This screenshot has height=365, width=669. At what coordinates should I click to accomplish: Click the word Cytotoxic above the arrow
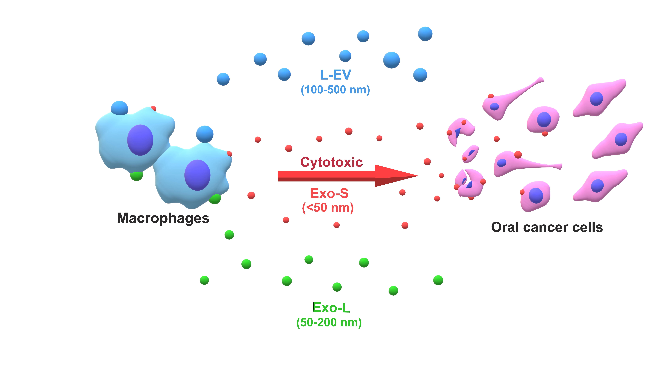tap(331, 162)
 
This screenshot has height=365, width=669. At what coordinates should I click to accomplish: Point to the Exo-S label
tap(329, 193)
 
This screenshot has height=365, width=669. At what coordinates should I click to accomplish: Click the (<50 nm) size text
tap(328, 208)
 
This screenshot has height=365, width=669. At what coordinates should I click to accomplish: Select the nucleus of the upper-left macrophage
tap(140, 140)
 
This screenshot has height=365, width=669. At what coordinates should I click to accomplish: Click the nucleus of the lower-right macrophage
tap(197, 175)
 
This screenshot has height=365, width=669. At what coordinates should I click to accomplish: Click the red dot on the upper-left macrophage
tap(153, 108)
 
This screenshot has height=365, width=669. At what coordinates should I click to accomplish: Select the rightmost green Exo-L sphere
tap(438, 280)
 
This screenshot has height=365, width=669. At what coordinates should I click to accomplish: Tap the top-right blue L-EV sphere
tap(425, 34)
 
